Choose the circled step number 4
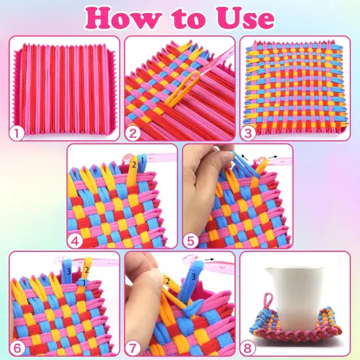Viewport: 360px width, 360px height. point(76,240)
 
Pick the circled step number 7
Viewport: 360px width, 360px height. point(134,348)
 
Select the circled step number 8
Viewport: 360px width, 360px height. point(249,348)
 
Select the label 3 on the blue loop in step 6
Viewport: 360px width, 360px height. point(69,270)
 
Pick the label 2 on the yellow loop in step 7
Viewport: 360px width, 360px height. point(168,281)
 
